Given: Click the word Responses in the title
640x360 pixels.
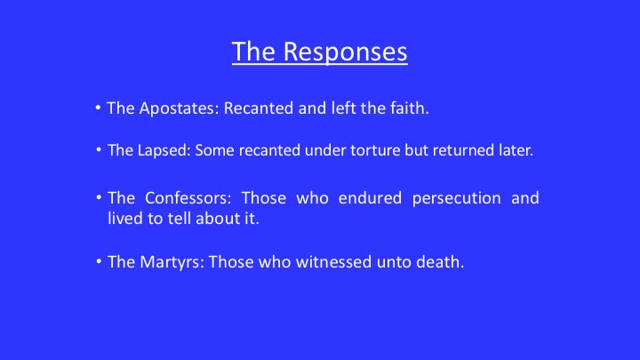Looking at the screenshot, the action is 345,52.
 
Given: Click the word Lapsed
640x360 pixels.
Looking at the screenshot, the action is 164,150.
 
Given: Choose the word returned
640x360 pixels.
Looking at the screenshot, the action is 463,150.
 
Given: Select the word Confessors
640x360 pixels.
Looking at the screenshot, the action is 188,198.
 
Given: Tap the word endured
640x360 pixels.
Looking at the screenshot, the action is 370,198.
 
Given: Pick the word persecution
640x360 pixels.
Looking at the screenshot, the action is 456,198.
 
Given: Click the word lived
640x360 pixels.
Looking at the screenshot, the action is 125,219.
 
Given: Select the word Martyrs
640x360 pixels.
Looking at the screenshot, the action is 172,262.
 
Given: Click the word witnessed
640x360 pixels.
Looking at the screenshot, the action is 333,262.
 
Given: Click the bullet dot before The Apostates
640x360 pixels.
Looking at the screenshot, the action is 98,108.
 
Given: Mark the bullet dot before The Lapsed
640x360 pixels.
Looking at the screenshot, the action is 99,150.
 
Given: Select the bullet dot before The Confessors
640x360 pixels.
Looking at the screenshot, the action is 99,197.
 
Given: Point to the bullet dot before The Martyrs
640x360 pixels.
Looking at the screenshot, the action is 99,261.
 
